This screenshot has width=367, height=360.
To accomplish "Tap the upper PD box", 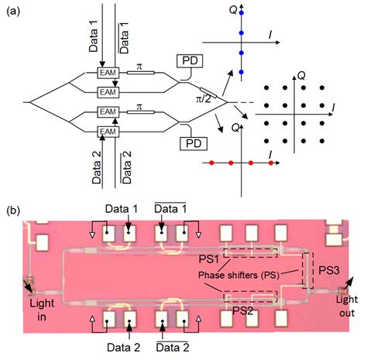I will (192, 60).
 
